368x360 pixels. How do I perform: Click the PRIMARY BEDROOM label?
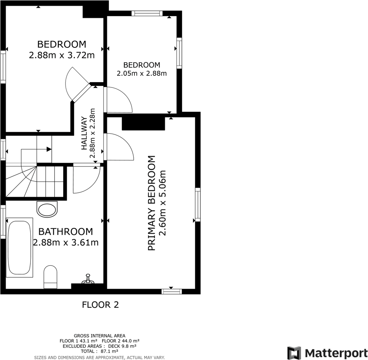[x=152, y=203]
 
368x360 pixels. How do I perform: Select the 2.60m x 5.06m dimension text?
[x=164, y=203]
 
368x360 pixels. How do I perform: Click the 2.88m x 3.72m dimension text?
[x=62, y=55]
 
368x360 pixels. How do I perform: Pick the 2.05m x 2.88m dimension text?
[x=142, y=74]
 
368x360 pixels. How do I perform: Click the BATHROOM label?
[x=66, y=232]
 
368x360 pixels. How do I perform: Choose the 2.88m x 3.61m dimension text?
[x=66, y=243]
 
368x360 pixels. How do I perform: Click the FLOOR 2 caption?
[x=100, y=305]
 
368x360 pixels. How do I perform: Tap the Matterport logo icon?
[x=294, y=353]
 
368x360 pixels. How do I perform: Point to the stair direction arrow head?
[x=49, y=149]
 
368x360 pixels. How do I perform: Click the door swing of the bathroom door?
[x=86, y=179]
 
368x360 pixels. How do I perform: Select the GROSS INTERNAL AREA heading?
[x=99, y=336]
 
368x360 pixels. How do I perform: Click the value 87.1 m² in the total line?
[x=109, y=351]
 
